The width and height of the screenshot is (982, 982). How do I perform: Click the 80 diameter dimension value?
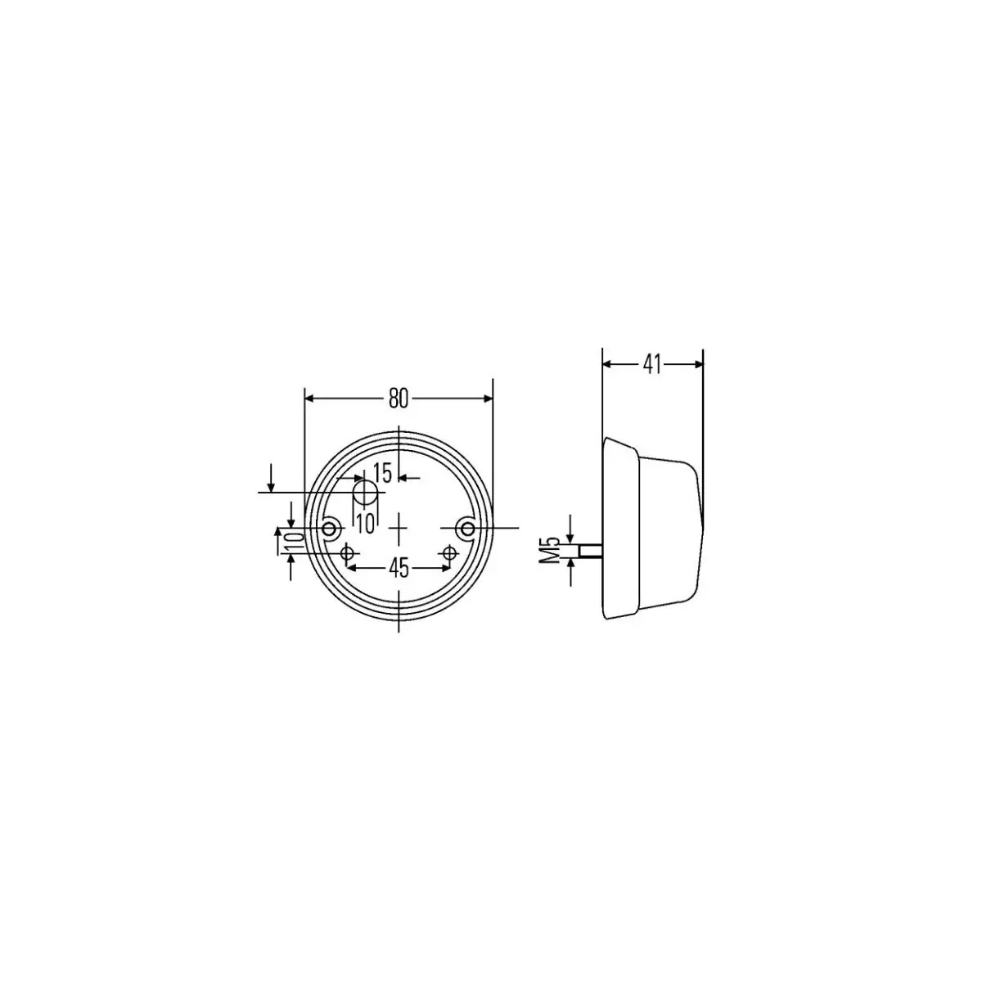coord(399,399)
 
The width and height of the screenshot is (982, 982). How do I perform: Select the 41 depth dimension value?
coord(651,364)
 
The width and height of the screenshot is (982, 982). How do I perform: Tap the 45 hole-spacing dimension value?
coord(399,568)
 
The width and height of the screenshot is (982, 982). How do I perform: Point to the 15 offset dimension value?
coord(381,473)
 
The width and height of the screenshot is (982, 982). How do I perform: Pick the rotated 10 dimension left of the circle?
coord(295,541)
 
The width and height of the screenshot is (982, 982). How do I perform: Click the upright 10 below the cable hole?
coord(366,524)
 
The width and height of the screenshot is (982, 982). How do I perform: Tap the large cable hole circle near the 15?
coord(365,493)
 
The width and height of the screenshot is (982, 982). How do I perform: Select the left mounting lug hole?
coord(331,528)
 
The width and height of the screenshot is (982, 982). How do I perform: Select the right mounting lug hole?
coord(466,528)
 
